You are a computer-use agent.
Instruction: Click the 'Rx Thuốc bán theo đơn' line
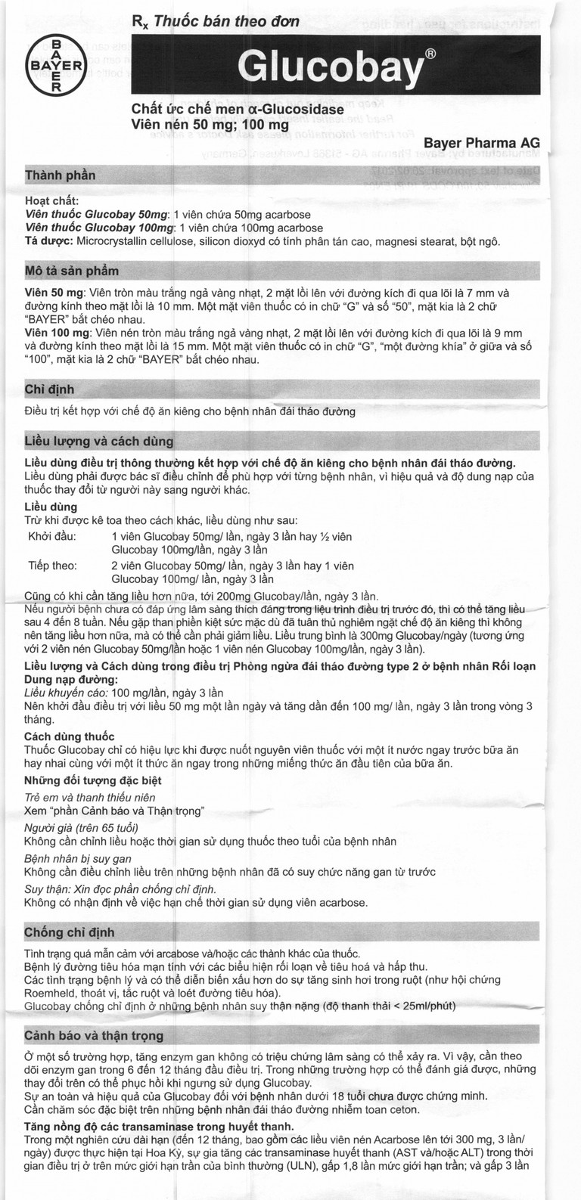216,23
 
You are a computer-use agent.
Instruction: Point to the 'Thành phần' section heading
61,175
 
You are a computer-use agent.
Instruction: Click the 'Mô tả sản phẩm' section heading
72,270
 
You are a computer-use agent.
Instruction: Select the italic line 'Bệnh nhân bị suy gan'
79,859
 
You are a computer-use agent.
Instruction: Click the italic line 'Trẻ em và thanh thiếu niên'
90,797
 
